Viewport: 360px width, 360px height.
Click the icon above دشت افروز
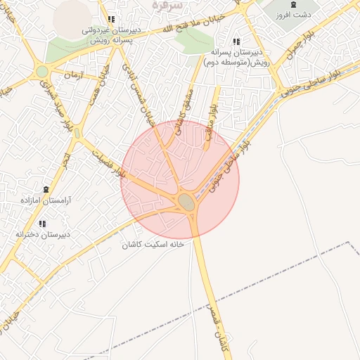[x=293, y=5]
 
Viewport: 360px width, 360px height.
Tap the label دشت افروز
[x=293, y=15]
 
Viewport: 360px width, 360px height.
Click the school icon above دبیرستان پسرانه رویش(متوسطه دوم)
[x=236, y=42]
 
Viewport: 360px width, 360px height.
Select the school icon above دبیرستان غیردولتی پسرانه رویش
[x=110, y=20]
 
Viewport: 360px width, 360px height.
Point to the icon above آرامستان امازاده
[x=46, y=190]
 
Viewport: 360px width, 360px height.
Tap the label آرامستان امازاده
[x=46, y=200]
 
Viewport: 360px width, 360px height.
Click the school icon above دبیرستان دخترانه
[x=42, y=224]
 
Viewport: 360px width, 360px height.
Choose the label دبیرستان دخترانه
[x=43, y=234]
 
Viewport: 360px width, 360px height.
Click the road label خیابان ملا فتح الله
[x=195, y=25]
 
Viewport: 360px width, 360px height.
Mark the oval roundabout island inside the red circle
[x=186, y=202]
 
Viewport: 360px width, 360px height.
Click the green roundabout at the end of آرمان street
[x=43, y=71]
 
